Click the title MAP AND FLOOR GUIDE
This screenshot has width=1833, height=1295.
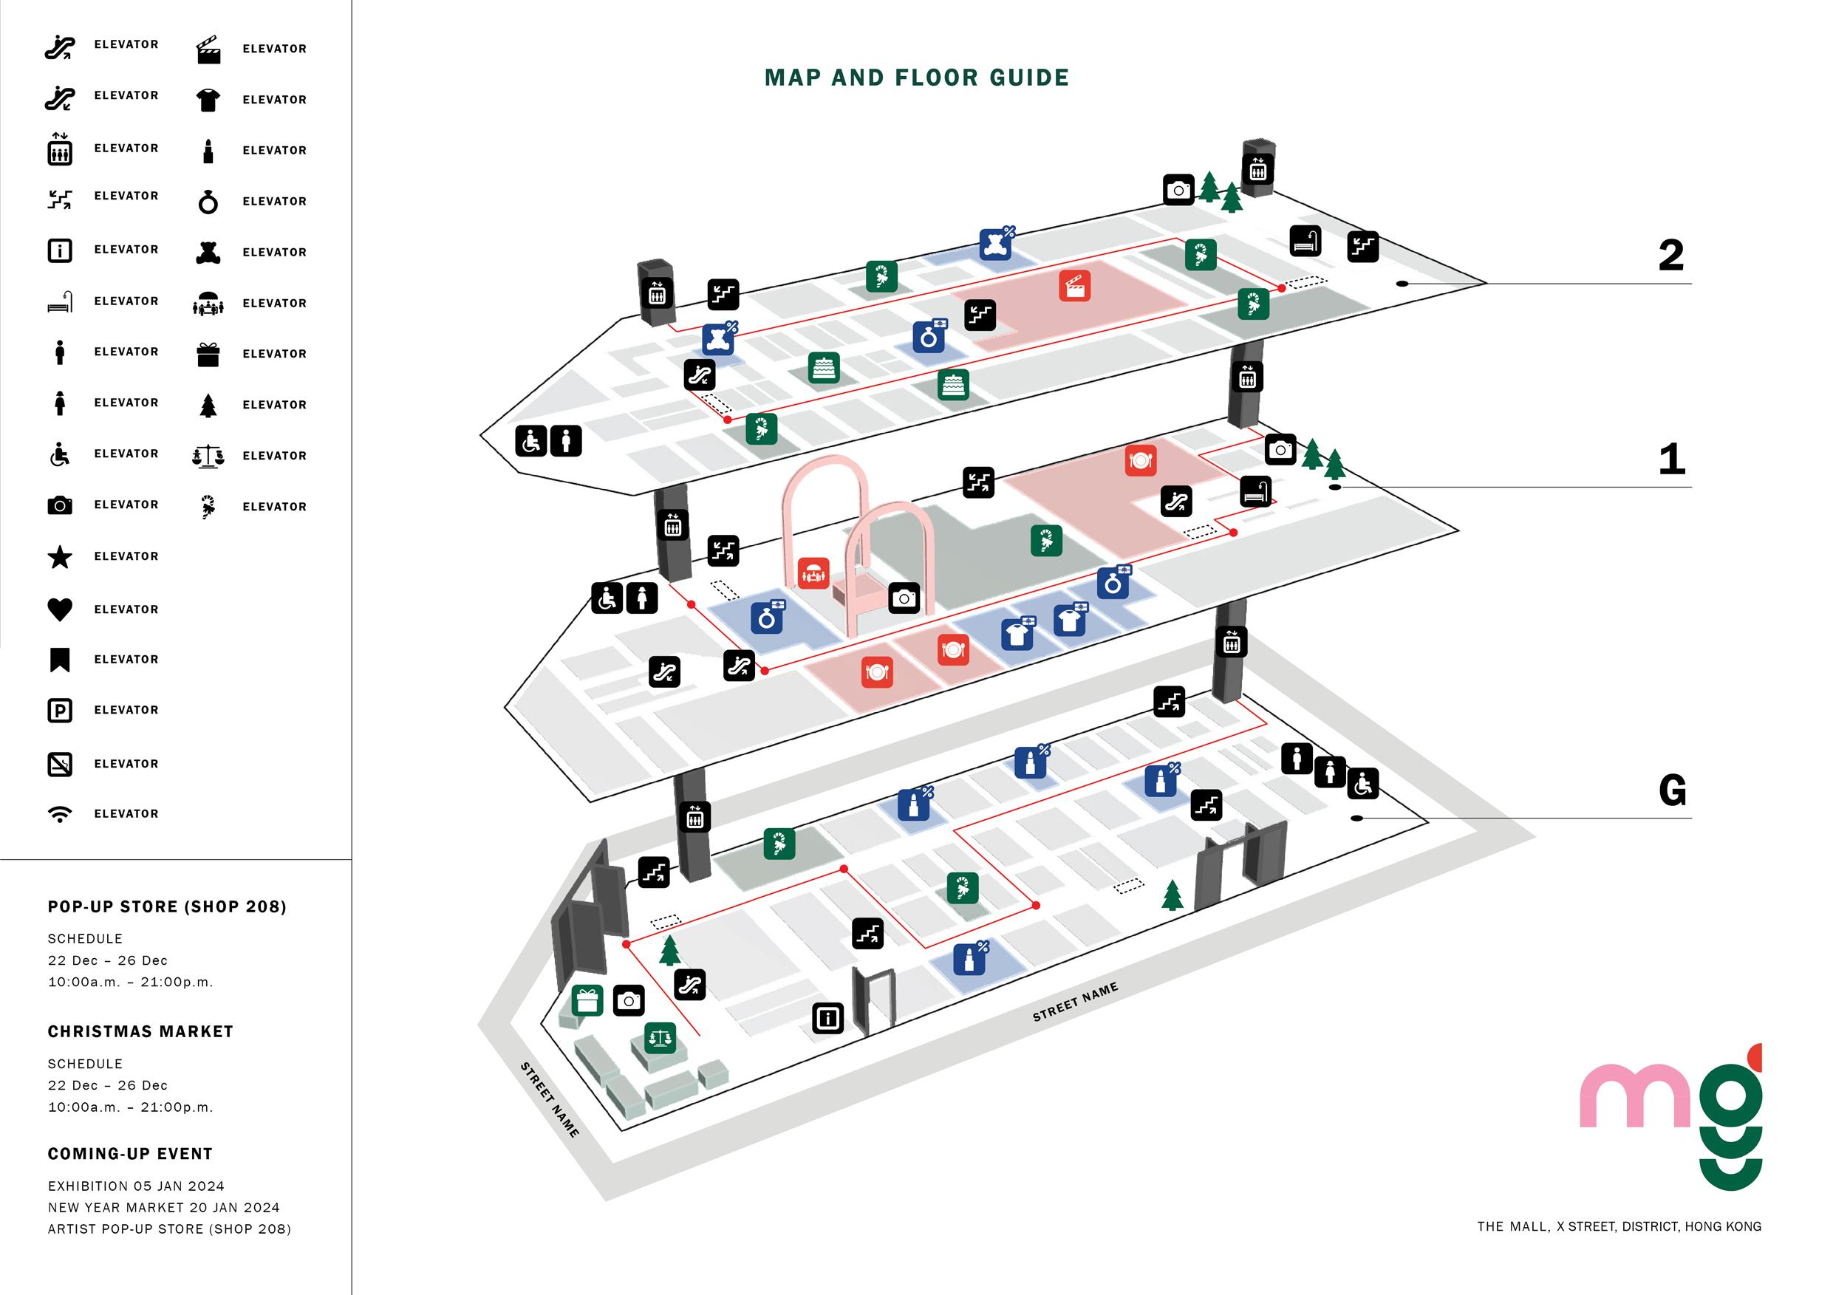916,78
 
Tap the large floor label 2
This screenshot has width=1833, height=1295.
1670,256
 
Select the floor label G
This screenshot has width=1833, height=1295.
1672,790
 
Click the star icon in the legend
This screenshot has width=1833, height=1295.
60,557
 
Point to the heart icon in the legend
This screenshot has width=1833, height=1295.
60,609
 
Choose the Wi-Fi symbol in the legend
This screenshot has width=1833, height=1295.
60,814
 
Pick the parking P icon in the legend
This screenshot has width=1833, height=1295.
60,711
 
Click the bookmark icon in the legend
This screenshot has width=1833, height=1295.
60,660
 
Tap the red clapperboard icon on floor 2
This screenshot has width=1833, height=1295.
1074,286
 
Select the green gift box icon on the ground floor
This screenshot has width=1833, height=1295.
587,1000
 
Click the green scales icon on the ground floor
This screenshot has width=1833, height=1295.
660,1038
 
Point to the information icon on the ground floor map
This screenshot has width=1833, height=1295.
828,1018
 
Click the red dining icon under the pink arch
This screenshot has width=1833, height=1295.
813,573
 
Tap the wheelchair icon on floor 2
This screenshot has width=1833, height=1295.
531,441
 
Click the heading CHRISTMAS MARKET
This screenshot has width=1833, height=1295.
140,1031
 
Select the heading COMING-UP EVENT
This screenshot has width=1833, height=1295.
130,1154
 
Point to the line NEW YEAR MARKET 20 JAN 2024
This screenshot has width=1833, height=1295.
164,1207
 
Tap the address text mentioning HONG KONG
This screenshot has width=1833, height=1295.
1618,1226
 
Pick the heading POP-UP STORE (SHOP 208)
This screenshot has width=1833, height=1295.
167,907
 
